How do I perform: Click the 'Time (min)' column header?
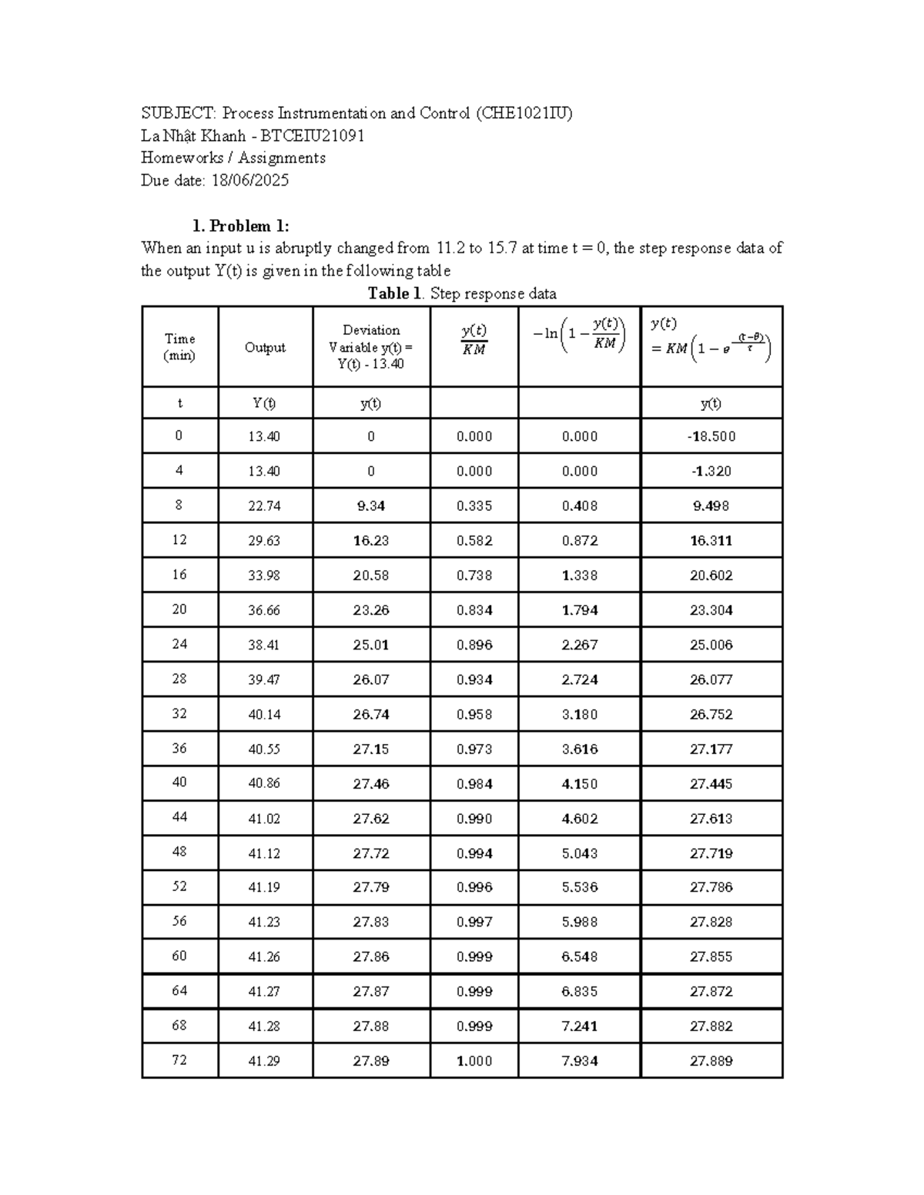(179, 347)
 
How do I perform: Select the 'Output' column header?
(265, 348)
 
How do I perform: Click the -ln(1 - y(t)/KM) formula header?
(579, 335)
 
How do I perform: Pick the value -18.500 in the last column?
(711, 436)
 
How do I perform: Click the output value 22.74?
(264, 506)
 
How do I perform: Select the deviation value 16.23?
(370, 541)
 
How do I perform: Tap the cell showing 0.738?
(474, 576)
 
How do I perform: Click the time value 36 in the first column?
(179, 749)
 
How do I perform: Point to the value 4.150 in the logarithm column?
(579, 784)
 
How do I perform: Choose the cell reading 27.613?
(711, 819)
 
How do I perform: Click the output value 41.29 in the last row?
(264, 1061)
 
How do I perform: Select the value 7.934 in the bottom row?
(579, 1061)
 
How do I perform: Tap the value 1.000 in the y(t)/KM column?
(474, 1061)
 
